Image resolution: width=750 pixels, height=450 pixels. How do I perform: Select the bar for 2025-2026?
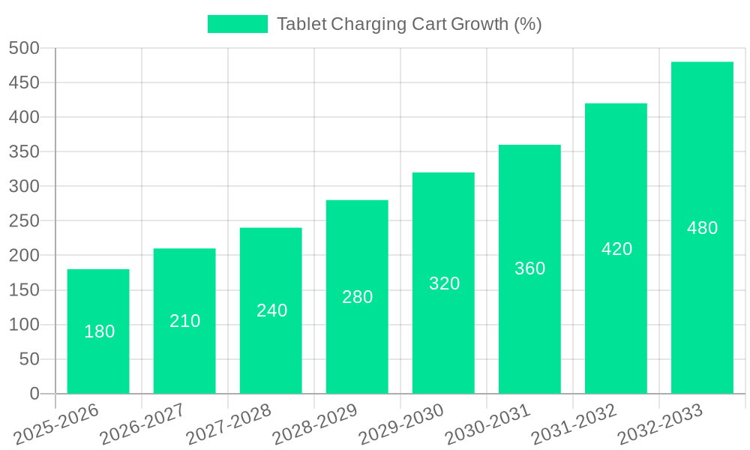[x=98, y=331]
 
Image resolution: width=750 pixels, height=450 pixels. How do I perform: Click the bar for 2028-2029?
[x=357, y=297]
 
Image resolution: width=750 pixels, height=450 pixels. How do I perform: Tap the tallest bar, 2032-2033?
[x=702, y=227]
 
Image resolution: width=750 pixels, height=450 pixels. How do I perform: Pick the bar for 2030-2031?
[x=529, y=268]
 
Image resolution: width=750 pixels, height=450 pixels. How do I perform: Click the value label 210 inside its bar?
[x=184, y=321]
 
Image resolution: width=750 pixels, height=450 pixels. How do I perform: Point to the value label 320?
[x=444, y=283]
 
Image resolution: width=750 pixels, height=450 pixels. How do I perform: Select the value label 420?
[x=616, y=249]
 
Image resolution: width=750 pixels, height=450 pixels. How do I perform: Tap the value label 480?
[x=702, y=228]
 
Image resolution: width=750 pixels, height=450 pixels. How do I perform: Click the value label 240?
[x=271, y=310]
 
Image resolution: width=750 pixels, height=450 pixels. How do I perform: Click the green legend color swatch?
[x=237, y=24]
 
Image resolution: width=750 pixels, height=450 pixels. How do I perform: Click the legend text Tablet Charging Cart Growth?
[x=409, y=24]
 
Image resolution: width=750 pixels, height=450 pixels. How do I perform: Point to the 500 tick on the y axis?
[x=24, y=48]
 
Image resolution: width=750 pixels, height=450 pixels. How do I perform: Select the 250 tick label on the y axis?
[x=24, y=221]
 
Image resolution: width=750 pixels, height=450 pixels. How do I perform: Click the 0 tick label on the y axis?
[x=34, y=394]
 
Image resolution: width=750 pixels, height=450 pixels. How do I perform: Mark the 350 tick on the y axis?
[x=24, y=152]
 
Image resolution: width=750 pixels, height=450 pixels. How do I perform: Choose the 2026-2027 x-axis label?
[x=142, y=424]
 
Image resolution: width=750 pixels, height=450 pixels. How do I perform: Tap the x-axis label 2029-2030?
[x=401, y=424]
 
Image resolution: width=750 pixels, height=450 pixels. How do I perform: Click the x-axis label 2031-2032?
[x=574, y=424]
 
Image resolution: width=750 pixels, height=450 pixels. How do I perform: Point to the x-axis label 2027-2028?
[x=229, y=424]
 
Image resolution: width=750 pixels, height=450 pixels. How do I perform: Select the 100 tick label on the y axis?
[x=24, y=325]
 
